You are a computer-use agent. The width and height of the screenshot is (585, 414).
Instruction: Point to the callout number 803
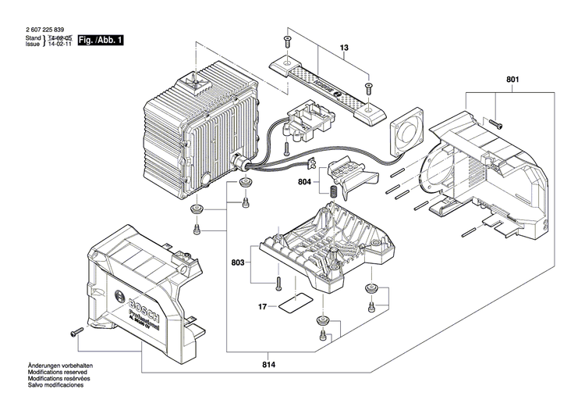(x=236, y=264)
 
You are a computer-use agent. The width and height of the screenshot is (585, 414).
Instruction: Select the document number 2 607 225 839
(x=48, y=29)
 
